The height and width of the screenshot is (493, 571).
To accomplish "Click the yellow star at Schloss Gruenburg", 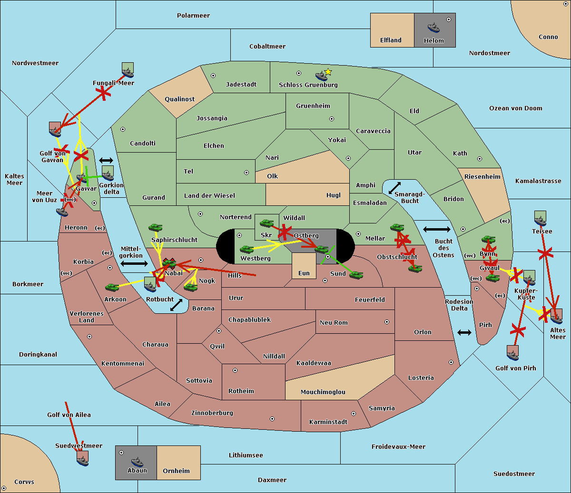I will point(328,72).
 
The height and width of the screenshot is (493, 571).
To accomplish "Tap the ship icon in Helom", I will point(433,27).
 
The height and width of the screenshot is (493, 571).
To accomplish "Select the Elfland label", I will point(391,40).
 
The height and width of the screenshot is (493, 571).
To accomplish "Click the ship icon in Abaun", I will point(137,461).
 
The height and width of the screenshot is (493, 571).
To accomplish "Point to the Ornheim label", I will point(176,471).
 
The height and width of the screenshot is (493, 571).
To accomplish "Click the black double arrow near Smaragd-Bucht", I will point(394,188).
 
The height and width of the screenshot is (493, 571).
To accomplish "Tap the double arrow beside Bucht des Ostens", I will point(436,230).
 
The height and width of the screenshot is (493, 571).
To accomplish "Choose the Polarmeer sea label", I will point(193,16).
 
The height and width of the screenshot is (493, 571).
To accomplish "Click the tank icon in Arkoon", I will point(112,287).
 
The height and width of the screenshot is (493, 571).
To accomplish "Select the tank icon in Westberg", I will point(246,249).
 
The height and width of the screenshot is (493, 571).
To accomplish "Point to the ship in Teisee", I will point(540,221).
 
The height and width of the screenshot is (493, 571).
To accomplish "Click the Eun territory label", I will point(304,273).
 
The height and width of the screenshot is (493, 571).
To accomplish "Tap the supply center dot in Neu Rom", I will point(387,322).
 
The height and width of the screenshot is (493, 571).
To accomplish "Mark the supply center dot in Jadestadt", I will point(213,76).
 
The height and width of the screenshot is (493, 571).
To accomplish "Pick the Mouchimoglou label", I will point(323,392).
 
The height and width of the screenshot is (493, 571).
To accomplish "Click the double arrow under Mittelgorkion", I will point(134,264).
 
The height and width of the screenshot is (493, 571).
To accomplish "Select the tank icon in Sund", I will point(356,275).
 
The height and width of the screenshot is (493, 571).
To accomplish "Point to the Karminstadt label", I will point(328,422).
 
